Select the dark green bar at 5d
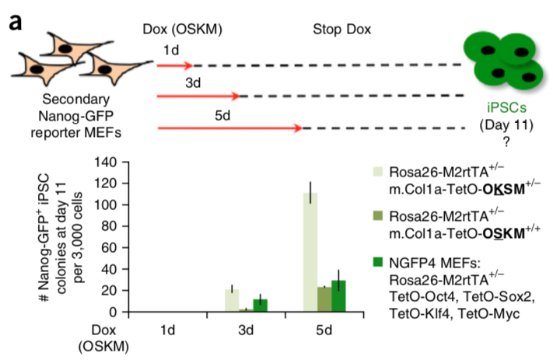tap(338, 296)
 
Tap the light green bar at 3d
tap(232, 300)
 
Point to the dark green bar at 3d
tap(261, 305)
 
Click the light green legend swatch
tap(378, 171)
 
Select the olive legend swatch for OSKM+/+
tap(378, 215)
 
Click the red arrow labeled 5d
tap(229, 128)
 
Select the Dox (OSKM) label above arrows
tap(184, 30)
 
